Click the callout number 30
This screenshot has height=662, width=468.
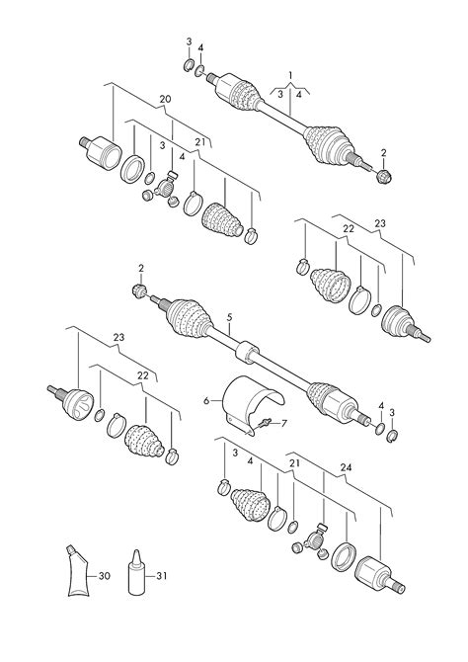coord(105,575)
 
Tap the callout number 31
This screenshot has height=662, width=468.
coord(162,575)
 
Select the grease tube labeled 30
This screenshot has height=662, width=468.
coord(78,571)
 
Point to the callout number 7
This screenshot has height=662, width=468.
coord(283,423)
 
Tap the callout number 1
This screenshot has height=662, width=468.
coord(290,75)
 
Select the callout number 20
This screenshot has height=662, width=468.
coord(166,99)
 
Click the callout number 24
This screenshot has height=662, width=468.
coord(346,467)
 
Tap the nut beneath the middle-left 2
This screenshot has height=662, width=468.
coord(139,290)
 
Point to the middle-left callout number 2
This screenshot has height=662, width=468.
coord(141,268)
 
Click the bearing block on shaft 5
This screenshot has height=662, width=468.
coord(247,352)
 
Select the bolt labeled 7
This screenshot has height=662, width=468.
coord(265,423)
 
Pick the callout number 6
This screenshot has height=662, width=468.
coord(206,401)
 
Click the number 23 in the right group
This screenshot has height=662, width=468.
coord(380,223)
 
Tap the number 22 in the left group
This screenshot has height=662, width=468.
coord(143,375)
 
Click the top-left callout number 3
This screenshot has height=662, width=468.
coord(189,41)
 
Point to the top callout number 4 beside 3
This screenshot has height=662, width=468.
coord(200,47)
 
